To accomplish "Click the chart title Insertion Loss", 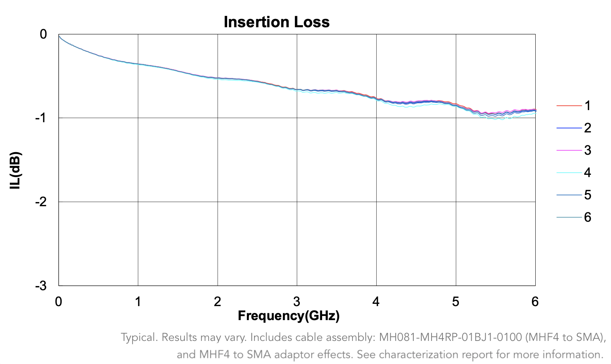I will [x=276, y=22].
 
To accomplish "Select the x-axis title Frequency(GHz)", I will [x=288, y=315].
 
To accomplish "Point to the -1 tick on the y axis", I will [x=41, y=118].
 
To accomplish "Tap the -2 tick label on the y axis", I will [x=41, y=202].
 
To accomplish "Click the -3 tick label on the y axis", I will [x=41, y=286].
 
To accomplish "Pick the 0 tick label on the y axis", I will [x=44, y=34].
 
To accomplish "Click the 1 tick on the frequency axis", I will [x=138, y=302].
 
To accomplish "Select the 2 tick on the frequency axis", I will [x=217, y=302].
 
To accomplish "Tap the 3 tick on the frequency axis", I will [x=297, y=302].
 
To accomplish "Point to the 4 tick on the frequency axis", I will [x=376, y=302].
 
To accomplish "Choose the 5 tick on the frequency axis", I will [x=455, y=302].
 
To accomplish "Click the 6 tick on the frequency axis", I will [x=535, y=302].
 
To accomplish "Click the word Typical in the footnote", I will [x=139, y=337].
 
